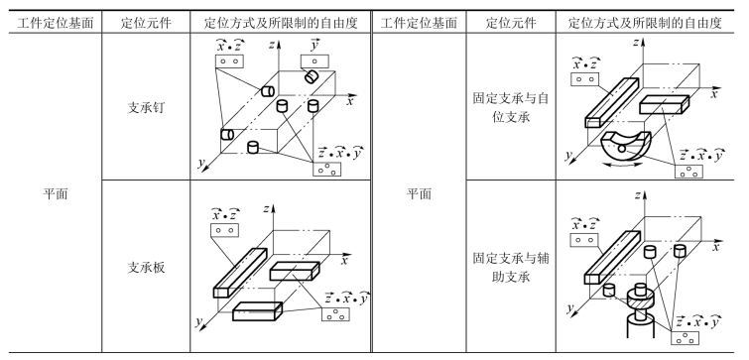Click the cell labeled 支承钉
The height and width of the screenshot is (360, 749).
[x=146, y=108]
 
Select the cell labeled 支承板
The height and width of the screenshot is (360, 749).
[x=146, y=268]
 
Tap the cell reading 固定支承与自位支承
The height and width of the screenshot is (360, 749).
[x=511, y=107]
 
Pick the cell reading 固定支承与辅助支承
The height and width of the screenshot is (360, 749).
[x=511, y=268]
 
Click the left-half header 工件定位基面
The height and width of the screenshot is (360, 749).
[x=55, y=23]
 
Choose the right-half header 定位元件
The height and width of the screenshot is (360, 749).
[x=511, y=23]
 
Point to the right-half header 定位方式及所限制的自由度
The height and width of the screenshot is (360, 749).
[x=645, y=23]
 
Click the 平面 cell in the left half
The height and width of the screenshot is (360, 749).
[x=55, y=194]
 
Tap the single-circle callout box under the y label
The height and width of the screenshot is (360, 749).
[x=314, y=61]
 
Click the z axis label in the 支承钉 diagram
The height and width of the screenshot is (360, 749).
[x=271, y=45]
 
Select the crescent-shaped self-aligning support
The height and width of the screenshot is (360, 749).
[x=626, y=146]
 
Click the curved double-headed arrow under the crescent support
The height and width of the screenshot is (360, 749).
[x=623, y=166]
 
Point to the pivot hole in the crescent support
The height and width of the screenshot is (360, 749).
[x=621, y=150]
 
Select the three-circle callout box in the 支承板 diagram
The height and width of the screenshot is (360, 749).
[x=335, y=313]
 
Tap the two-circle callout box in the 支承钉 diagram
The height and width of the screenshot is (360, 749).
[x=229, y=61]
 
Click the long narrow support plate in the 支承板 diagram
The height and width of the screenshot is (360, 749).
[x=240, y=273]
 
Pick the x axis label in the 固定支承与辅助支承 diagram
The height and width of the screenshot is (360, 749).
[x=715, y=247]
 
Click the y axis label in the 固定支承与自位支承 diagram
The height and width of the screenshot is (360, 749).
[x=568, y=156]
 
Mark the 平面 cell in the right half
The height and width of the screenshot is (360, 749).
[x=419, y=194]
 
